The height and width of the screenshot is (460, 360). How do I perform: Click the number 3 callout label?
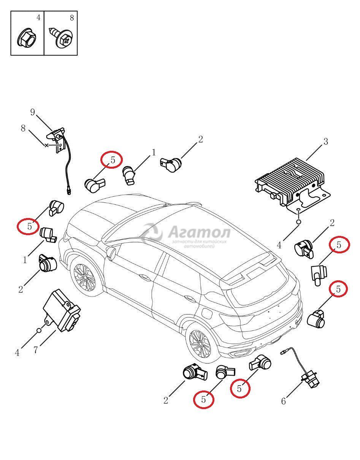click(x=325, y=142)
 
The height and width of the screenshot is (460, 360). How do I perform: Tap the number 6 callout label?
click(x=283, y=401)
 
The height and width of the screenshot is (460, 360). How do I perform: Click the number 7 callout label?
click(x=36, y=350)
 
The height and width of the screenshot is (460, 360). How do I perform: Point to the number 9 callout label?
click(x=32, y=112)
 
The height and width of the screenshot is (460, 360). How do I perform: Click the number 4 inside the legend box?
click(x=38, y=17)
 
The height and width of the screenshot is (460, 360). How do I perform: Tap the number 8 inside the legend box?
click(x=72, y=17)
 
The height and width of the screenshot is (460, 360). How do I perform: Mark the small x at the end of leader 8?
click(x=46, y=145)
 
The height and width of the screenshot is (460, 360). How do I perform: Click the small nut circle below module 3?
click(x=298, y=222)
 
